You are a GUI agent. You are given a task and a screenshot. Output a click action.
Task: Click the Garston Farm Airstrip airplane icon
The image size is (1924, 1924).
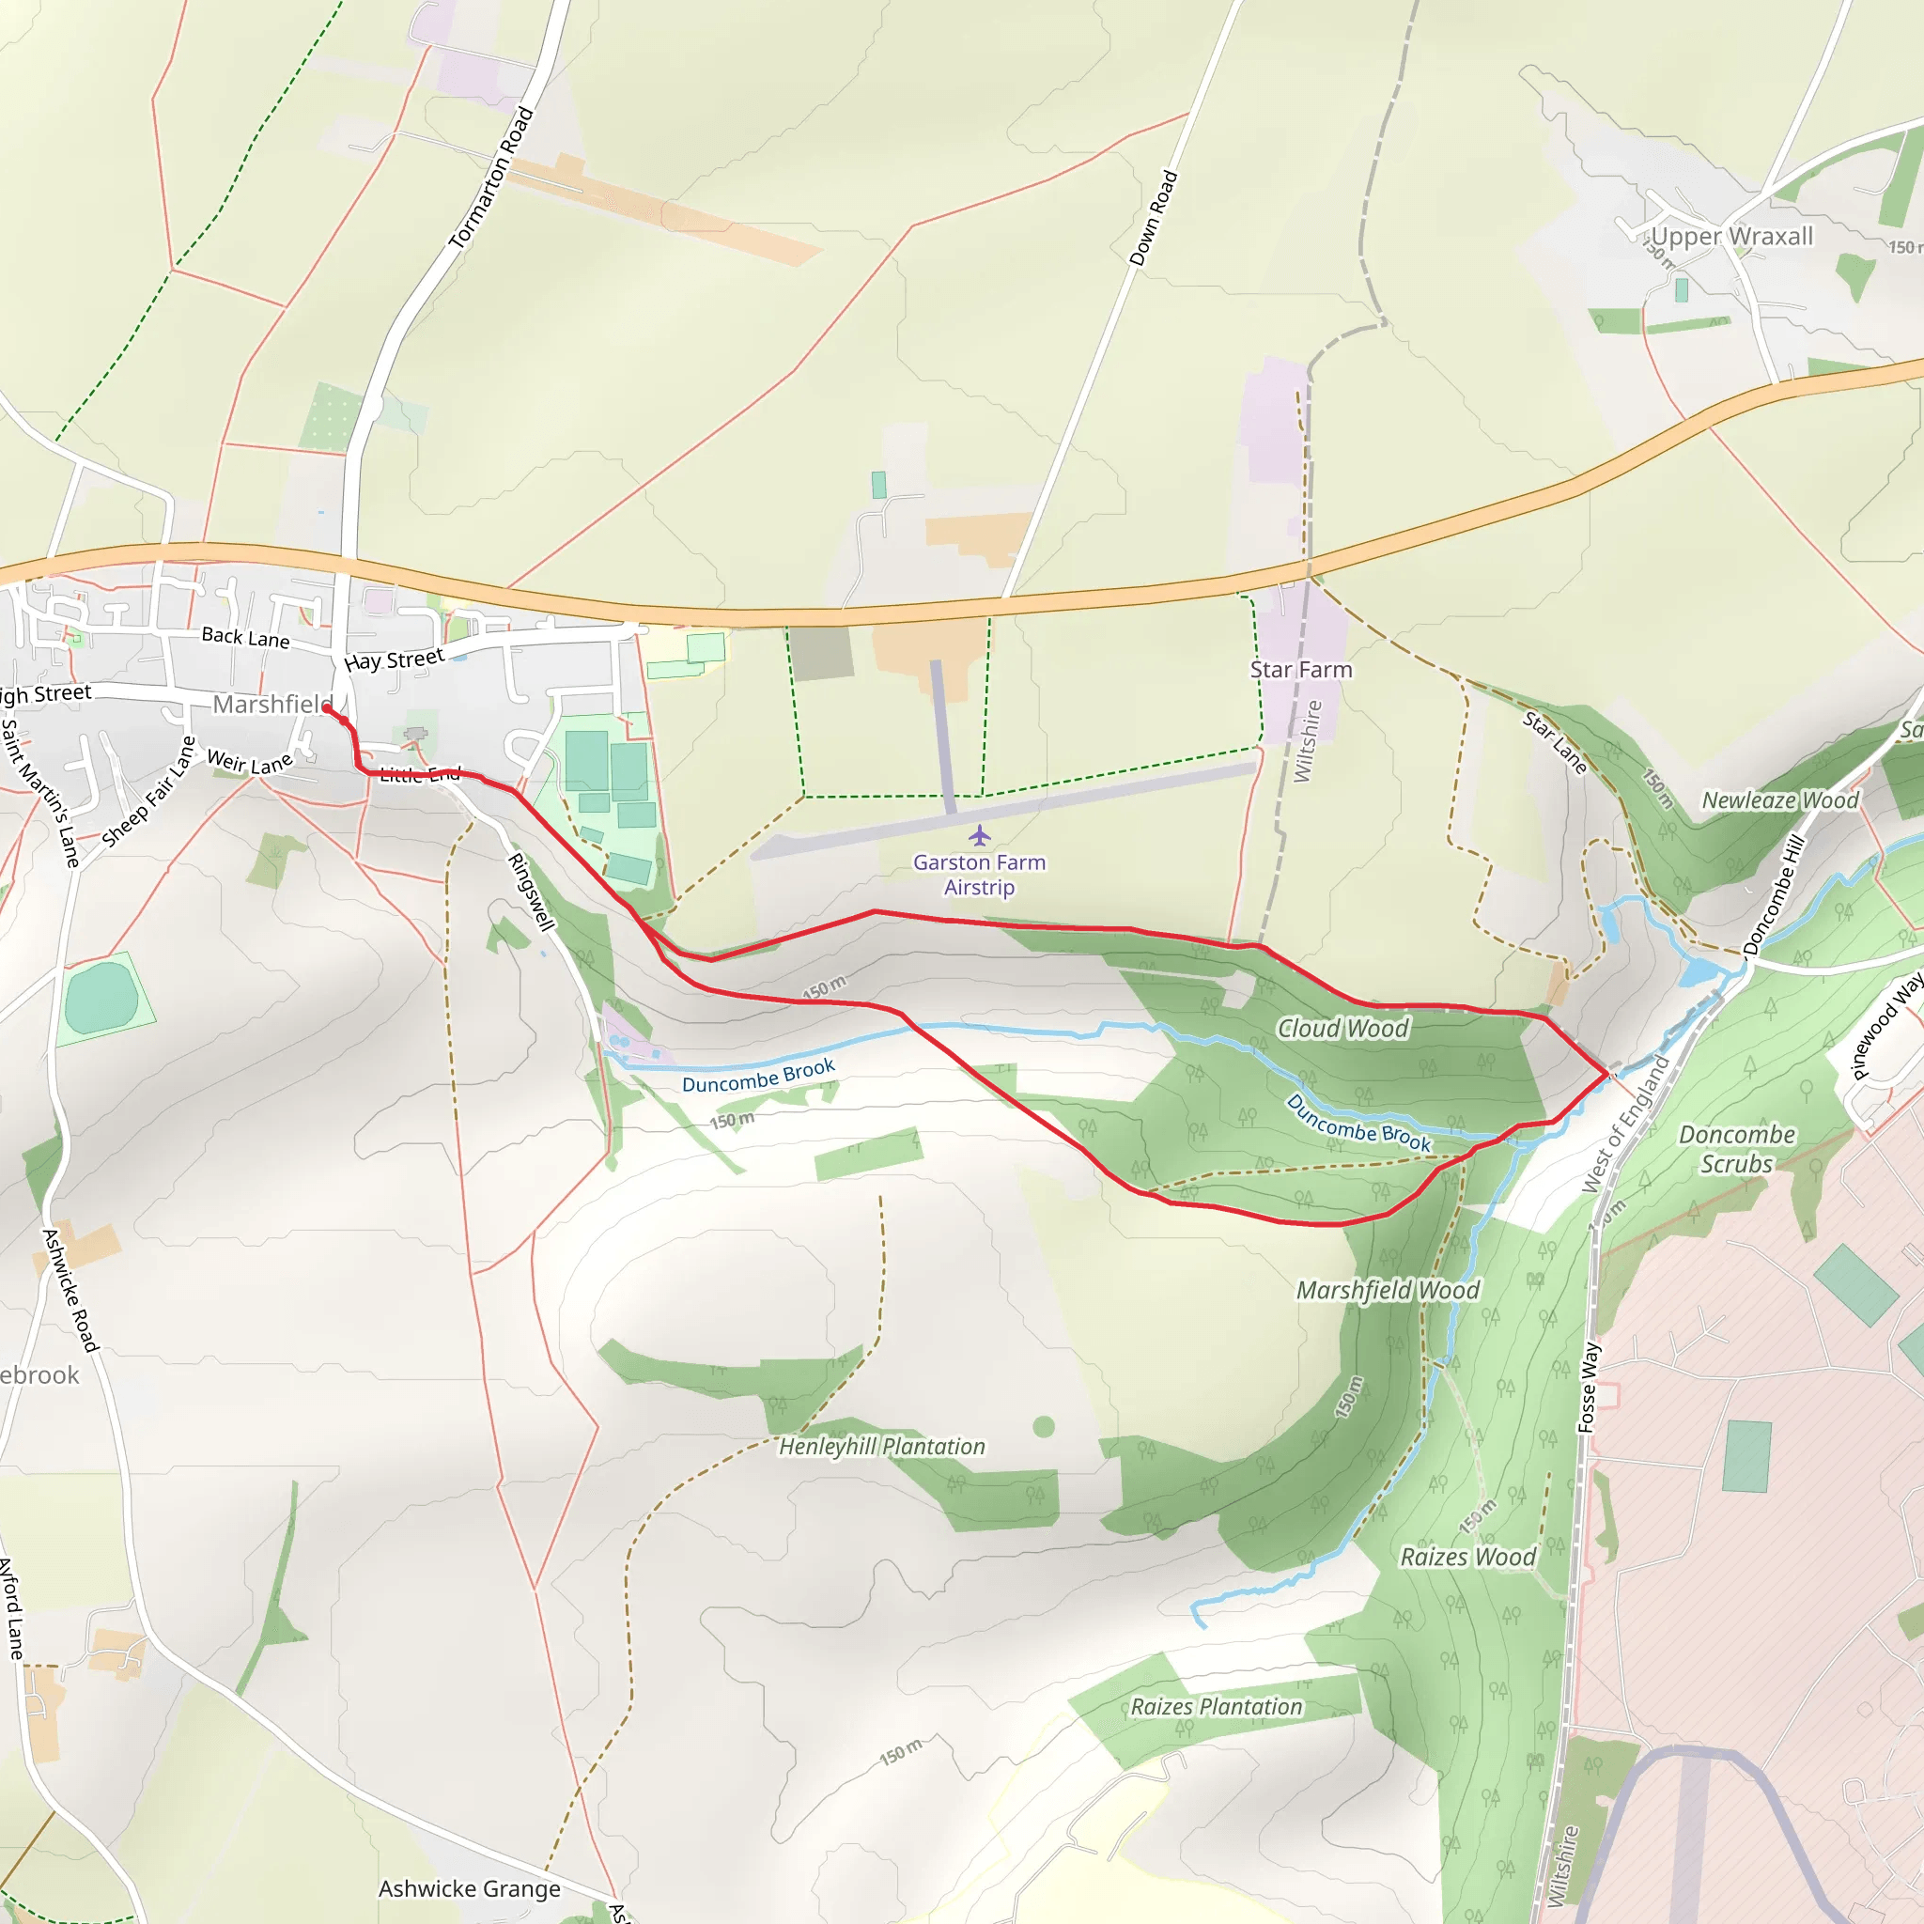[979, 834]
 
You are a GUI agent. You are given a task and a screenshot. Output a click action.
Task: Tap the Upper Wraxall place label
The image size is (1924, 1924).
[1731, 237]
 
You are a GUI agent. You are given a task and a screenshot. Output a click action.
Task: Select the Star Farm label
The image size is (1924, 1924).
[1300, 669]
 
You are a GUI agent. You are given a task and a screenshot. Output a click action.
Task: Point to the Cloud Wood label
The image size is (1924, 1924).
[1342, 1028]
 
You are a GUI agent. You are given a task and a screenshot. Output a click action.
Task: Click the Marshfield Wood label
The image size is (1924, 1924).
[1388, 1290]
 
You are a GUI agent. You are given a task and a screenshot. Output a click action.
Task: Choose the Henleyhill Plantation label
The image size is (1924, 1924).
[881, 1446]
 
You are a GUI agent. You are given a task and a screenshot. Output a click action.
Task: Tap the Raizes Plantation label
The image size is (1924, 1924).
[1216, 1706]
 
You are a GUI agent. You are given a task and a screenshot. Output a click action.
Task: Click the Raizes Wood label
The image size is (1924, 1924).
[1468, 1557]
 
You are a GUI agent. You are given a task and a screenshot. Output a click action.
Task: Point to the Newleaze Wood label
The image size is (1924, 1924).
[1779, 800]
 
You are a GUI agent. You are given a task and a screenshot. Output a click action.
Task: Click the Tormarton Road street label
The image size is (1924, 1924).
[491, 179]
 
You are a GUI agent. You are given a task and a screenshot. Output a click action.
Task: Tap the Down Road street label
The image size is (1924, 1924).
[1154, 219]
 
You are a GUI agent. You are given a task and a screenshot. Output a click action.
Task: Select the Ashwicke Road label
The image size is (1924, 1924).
[70, 1291]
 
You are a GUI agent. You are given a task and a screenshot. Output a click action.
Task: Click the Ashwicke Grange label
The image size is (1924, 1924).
[469, 1888]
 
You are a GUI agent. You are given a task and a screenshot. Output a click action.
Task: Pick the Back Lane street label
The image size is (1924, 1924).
[245, 637]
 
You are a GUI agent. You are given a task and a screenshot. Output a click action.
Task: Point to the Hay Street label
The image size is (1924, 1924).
[394, 660]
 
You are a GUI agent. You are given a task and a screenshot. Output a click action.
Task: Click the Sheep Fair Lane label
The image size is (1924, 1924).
[149, 793]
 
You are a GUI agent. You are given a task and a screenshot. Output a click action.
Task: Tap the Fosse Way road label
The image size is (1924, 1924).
[1589, 1388]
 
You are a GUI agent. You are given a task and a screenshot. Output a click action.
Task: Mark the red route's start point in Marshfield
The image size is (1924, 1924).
[326, 708]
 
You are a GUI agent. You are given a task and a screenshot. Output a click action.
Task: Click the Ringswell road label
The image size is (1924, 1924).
[531, 892]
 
